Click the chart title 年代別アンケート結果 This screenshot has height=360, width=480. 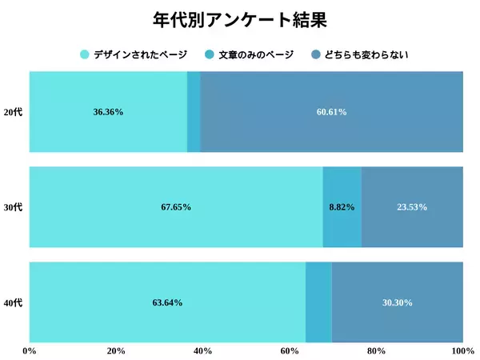(x=240, y=19)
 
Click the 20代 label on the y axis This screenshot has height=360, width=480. (x=14, y=112)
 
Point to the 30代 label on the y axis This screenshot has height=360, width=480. (x=14, y=207)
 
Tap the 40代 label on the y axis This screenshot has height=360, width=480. (x=14, y=302)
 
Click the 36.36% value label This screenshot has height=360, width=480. (x=108, y=112)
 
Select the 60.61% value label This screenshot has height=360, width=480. (x=331, y=112)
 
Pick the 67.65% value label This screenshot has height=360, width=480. (x=176, y=207)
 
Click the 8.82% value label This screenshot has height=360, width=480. (x=342, y=207)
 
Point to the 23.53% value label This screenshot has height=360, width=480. (x=412, y=207)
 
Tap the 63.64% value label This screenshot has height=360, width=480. (x=167, y=302)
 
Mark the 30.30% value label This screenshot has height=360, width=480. (x=398, y=302)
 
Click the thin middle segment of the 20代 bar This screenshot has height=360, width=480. (x=194, y=112)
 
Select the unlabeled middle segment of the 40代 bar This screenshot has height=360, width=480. (x=318, y=302)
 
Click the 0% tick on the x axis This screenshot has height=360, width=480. (x=30, y=351)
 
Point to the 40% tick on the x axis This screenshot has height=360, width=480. (x=202, y=351)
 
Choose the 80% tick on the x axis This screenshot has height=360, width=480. (x=376, y=351)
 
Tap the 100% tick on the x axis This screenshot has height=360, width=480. (x=462, y=351)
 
